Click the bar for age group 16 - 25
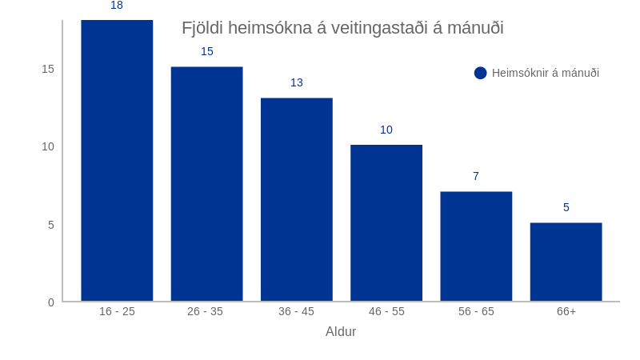coord(117,160)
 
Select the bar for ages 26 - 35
coord(206,184)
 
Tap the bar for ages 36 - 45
coord(296,200)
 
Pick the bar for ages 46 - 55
coord(386,223)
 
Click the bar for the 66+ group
coord(566,262)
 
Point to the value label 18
coord(117,6)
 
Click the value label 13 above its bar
coord(297,82)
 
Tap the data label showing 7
coord(476,176)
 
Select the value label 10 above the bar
coord(386,130)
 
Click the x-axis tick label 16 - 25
coord(117,311)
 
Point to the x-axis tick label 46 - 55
coord(386,311)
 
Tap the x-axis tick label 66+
coord(566,311)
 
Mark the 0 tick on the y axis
coord(50,302)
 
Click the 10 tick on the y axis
coord(48,146)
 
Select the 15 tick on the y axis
coord(48,69)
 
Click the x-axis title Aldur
coord(341,332)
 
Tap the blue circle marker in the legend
coord(481,73)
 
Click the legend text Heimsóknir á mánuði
coord(546,73)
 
